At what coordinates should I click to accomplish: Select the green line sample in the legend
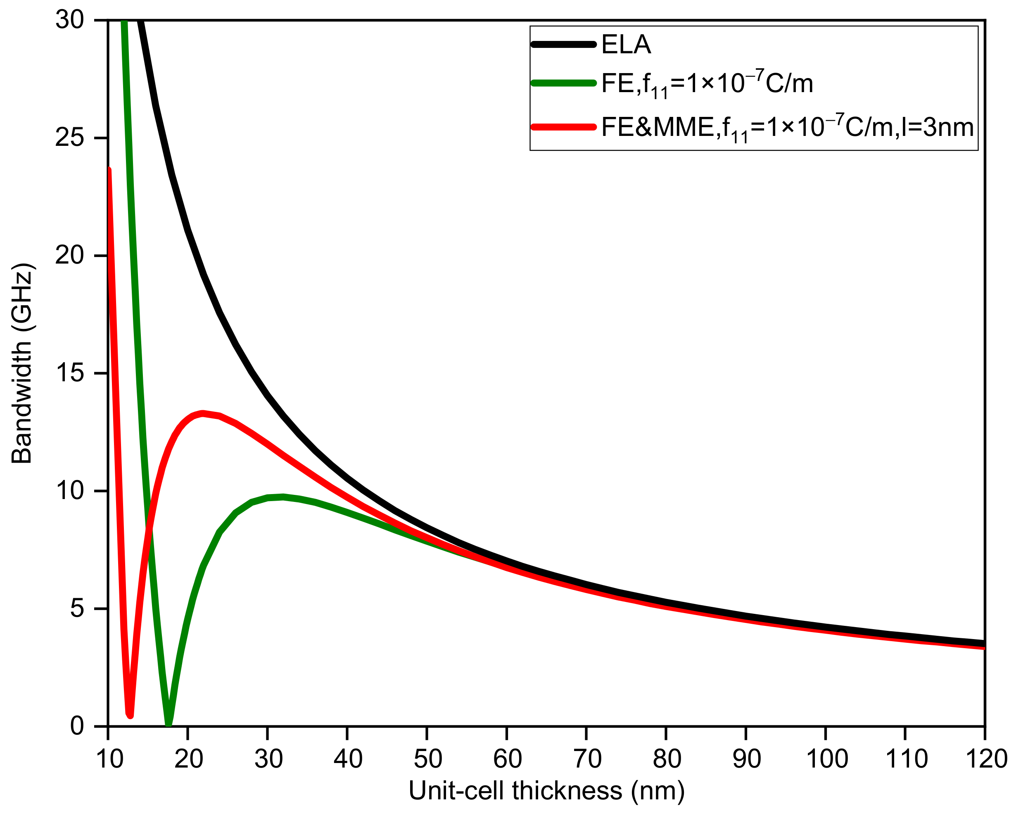click(x=563, y=83)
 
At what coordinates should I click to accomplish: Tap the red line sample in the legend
click(x=563, y=127)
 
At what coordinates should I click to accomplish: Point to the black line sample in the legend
click(x=563, y=44)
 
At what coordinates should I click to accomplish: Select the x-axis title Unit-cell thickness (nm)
click(x=547, y=790)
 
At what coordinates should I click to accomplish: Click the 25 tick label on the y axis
click(x=69, y=138)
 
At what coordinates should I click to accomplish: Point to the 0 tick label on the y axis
click(x=77, y=726)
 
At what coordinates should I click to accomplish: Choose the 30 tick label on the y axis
click(x=69, y=21)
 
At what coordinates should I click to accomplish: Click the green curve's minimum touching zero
click(x=168, y=724)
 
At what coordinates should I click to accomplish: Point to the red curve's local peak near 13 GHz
click(x=203, y=414)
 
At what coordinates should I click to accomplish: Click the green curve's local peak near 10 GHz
click(x=283, y=497)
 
